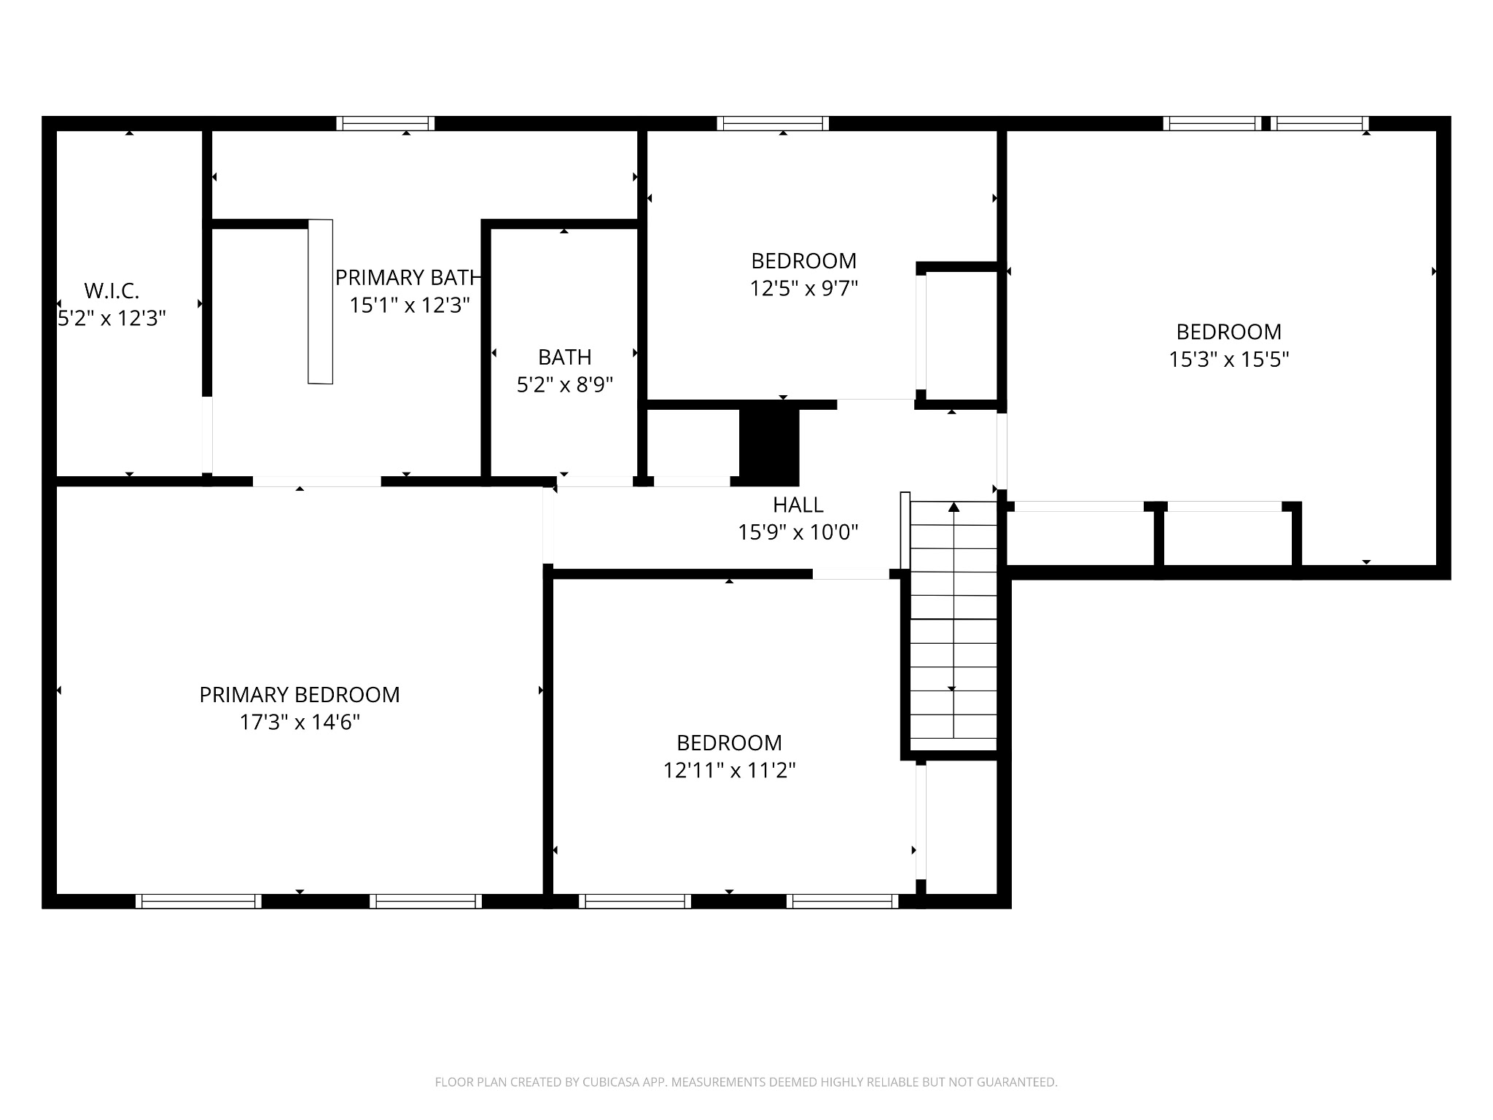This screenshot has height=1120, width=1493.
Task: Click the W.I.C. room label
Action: pos(112,291)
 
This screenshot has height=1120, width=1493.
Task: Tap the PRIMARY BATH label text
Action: pos(407,278)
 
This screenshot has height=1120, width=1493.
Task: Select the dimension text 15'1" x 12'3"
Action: pos(409,306)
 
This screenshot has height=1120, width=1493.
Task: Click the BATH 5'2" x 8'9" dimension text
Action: pos(565,385)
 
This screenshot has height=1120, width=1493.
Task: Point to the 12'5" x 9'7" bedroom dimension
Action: pos(803,289)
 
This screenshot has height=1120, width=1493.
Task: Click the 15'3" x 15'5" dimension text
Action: pos(1229,359)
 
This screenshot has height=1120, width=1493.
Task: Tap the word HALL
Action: pos(798,505)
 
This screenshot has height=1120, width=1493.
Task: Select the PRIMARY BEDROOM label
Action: pos(300,695)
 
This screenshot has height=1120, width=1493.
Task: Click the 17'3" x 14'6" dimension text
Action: pos(300,723)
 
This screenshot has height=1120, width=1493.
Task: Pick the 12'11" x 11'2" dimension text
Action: pos(729,771)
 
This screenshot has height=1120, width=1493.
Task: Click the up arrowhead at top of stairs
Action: pos(954,507)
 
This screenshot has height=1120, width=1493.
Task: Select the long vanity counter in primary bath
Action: pos(320,301)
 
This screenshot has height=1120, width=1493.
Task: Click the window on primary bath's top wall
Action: pos(385,123)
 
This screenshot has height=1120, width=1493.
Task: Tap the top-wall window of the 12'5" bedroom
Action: pos(773,123)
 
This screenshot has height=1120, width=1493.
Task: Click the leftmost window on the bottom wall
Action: pos(198,901)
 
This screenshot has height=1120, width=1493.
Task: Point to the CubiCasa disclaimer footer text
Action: pos(746,1082)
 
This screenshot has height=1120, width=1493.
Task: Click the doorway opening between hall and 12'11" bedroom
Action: pos(851,575)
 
